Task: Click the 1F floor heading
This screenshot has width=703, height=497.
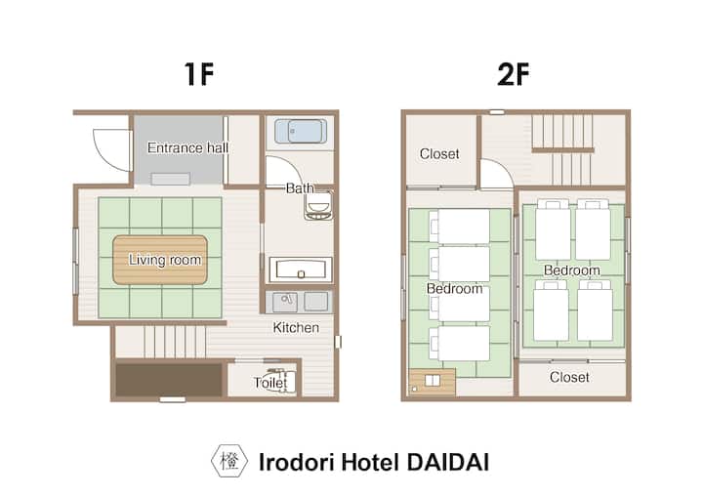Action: click(198, 74)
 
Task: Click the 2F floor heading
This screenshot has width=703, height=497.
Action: click(514, 74)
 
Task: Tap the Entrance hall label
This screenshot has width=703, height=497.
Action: click(187, 147)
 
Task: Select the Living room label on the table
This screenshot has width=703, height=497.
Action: click(165, 260)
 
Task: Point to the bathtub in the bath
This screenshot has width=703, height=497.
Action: click(301, 131)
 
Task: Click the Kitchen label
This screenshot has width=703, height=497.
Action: click(296, 327)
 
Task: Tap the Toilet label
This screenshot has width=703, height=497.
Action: click(270, 383)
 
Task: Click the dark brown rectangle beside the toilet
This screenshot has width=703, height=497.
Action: click(169, 380)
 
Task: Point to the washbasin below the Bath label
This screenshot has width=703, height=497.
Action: click(318, 207)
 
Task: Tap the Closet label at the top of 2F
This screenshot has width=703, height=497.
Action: click(439, 154)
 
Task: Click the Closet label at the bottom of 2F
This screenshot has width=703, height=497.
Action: click(569, 377)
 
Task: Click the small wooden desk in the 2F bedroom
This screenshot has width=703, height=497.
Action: click(433, 381)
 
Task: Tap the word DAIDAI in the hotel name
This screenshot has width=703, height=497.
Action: click(447, 462)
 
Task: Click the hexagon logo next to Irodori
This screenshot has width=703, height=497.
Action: click(229, 461)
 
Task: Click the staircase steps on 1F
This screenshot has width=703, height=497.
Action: click(175, 342)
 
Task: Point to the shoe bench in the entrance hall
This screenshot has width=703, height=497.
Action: click(170, 179)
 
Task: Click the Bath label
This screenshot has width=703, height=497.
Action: click(300, 187)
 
